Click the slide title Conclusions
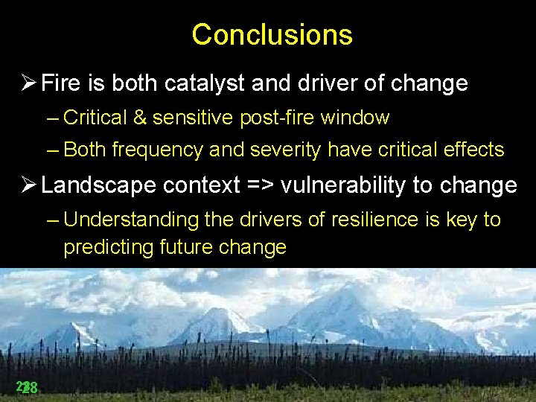pos(272,34)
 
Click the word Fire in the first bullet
pos(59,83)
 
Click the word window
pos(362,118)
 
